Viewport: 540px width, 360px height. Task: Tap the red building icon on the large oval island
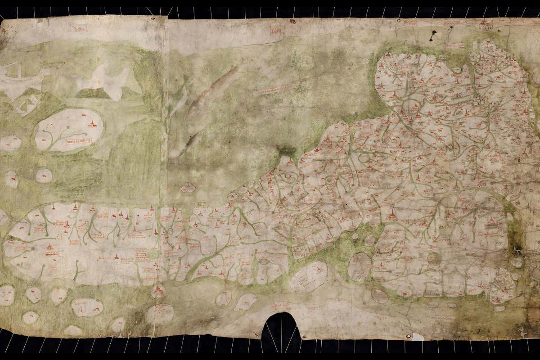[93, 123]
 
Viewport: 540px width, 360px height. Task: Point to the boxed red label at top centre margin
[277, 30]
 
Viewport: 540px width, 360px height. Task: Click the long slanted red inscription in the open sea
[277, 88]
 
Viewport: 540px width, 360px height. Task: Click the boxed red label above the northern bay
[454, 45]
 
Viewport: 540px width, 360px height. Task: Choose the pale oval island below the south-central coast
[309, 277]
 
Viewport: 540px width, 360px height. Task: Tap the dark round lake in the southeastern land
[434, 258]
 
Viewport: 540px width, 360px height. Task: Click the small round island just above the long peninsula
[188, 187]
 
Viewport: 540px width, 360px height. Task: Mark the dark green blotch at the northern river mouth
[286, 151]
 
